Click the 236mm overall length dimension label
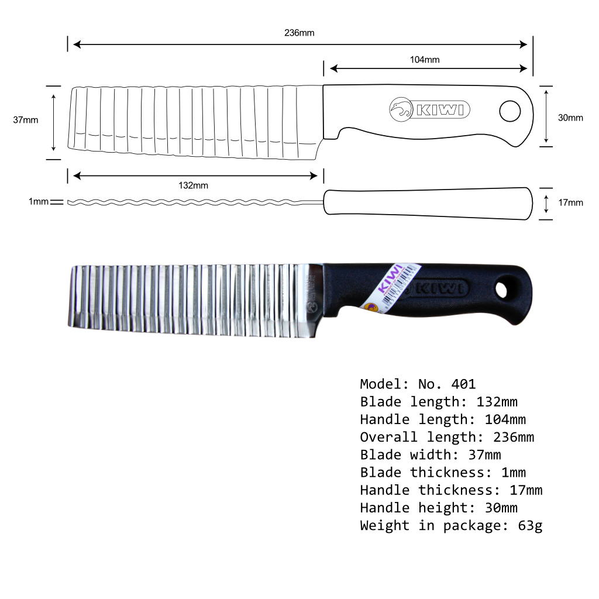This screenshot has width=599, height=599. pos(299,33)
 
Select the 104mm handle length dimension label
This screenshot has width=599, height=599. pos(425,59)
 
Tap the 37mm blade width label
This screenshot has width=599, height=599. pos(26,120)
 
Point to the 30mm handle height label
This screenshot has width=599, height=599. pos(570,118)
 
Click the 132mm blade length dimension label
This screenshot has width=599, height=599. pos(193,185)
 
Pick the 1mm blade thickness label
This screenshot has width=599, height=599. pos(39,202)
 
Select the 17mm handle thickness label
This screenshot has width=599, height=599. pos(570,203)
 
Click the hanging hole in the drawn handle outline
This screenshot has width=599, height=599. pos(510,110)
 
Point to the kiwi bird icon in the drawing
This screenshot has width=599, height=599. pos(402,109)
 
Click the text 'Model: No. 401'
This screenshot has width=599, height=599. pos(418,384)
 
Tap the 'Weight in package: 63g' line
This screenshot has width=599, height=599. pos(451,525)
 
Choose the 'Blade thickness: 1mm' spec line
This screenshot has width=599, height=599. pos(443,473)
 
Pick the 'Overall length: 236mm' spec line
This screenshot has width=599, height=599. pos(447,437)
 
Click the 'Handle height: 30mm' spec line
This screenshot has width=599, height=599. pos(439,508)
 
